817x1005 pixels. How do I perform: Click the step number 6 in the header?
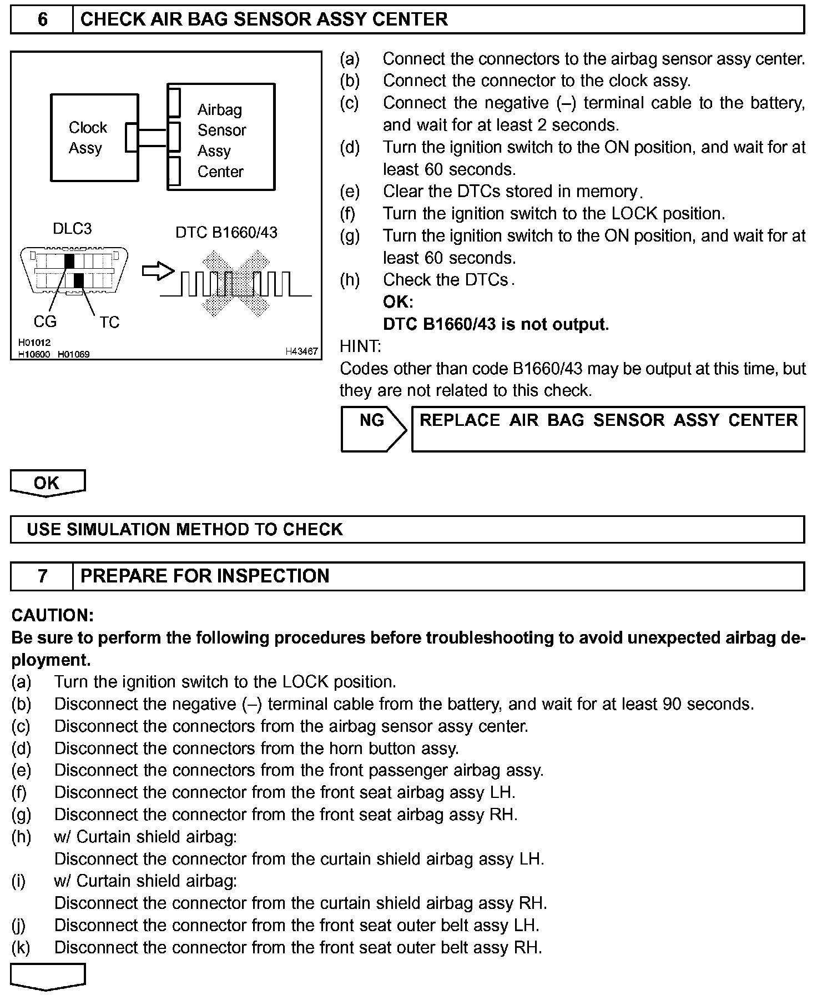pos(42,19)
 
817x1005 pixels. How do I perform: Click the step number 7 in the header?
pos(42,576)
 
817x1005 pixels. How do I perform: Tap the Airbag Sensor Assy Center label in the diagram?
pos(221,140)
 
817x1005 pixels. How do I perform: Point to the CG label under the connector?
pos(45,321)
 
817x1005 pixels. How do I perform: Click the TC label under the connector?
pos(109,322)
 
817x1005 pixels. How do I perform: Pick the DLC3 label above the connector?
pos(72,229)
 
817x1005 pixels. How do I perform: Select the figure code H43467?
pos(301,351)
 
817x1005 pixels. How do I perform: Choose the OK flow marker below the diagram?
pos(47,483)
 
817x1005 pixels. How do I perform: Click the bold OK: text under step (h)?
pos(398,302)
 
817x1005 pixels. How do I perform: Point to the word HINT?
pos(360,346)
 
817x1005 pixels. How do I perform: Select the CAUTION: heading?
pos(53,615)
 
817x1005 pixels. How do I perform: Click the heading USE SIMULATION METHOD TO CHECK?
pos(185,529)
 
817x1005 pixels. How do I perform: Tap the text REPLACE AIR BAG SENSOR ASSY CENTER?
pos(608,420)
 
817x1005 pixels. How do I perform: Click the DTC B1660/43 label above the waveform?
pos(226,232)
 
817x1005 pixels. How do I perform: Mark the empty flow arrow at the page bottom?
pos(48,976)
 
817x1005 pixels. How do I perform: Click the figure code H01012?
pos(34,343)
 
